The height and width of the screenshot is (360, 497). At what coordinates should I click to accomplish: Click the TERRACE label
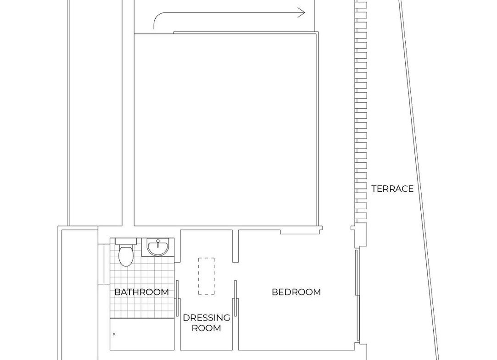(x=392, y=188)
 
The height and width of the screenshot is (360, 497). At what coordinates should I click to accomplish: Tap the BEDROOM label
(x=296, y=292)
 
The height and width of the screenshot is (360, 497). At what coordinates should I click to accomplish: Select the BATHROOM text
(x=141, y=292)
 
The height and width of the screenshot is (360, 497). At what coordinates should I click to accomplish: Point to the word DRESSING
(x=207, y=317)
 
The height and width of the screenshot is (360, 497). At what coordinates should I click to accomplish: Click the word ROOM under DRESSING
(x=207, y=328)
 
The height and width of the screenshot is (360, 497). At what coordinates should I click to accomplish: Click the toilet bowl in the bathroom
(x=126, y=255)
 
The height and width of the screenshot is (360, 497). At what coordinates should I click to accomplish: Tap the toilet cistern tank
(x=126, y=241)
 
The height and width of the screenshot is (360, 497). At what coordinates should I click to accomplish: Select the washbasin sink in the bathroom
(x=158, y=247)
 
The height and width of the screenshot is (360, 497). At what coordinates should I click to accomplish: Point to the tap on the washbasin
(x=158, y=243)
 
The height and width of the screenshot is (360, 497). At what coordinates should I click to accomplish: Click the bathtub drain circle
(x=114, y=334)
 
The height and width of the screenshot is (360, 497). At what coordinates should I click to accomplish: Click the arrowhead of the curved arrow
(x=302, y=13)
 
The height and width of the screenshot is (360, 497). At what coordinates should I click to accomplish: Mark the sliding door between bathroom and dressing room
(x=178, y=298)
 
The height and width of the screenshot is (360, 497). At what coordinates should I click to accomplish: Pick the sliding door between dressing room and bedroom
(x=235, y=298)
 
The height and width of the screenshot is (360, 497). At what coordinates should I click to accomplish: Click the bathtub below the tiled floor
(x=142, y=334)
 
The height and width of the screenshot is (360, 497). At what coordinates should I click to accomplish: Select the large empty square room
(x=225, y=129)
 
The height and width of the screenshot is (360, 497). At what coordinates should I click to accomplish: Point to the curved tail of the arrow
(x=158, y=16)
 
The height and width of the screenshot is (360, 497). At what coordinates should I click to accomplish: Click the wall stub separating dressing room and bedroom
(x=235, y=246)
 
